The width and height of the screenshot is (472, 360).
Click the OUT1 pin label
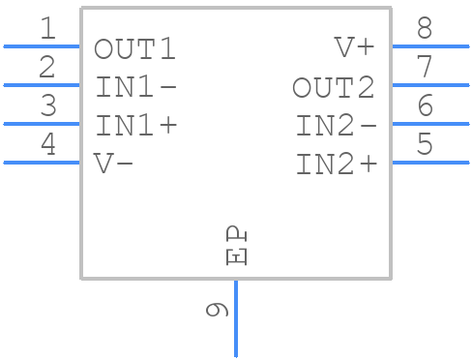[x=135, y=48]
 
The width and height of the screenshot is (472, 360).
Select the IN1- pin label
[x=135, y=87]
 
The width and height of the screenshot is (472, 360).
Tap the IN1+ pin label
[x=135, y=126]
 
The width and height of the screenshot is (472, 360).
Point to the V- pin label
[x=113, y=164]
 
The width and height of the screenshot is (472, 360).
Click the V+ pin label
[x=354, y=48]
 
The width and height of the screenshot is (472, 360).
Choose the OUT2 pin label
[x=334, y=88]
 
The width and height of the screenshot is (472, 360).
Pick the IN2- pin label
[x=336, y=126]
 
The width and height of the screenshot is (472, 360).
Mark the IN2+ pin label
[x=336, y=165]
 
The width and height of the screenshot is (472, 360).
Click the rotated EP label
[x=237, y=246]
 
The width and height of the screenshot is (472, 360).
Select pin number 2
[x=47, y=68]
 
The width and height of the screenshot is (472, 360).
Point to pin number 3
[x=47, y=106]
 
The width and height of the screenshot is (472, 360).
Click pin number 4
[x=47, y=145]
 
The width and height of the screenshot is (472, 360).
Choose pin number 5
[x=424, y=145]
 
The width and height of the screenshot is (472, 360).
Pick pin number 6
[x=424, y=106]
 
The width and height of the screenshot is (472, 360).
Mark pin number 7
[x=424, y=68]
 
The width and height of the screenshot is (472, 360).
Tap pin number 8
[x=424, y=29]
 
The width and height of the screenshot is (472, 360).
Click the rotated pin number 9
[x=218, y=310]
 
